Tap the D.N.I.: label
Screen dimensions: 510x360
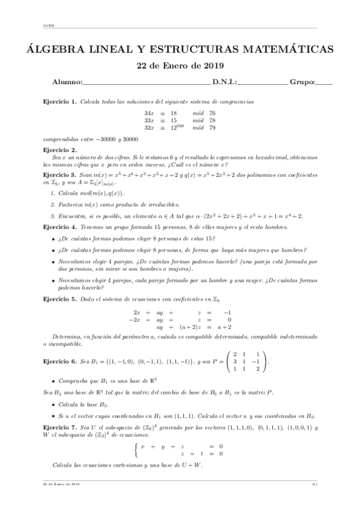tap(224, 82)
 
